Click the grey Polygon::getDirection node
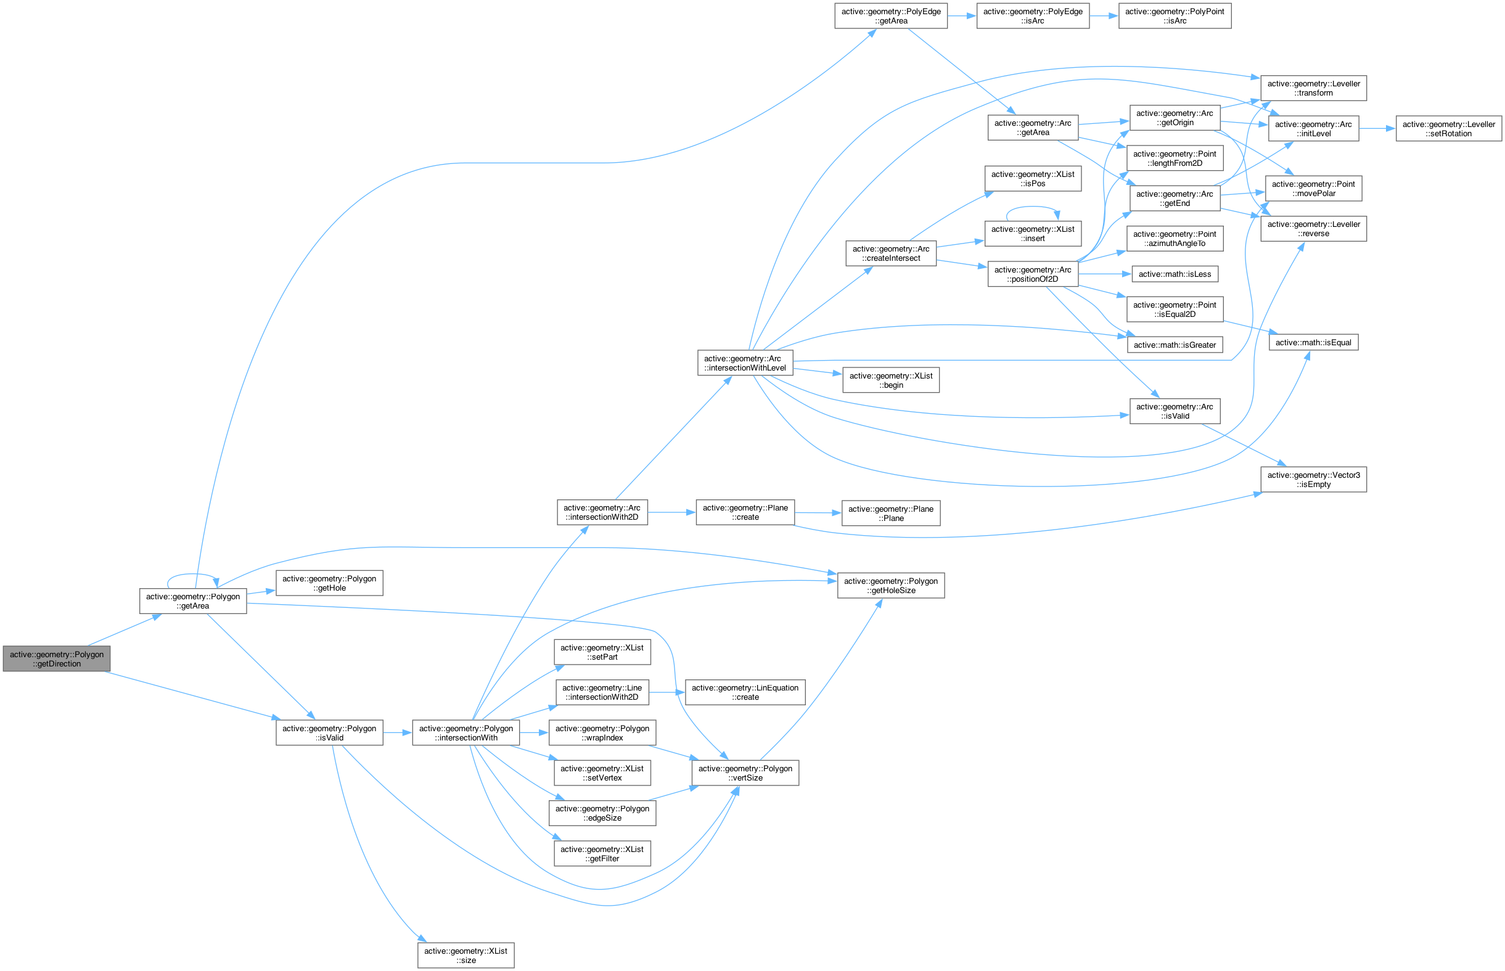click(x=57, y=659)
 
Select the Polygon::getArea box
click(x=193, y=601)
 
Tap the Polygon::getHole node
click(x=329, y=583)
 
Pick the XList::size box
click(x=465, y=955)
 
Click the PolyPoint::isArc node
click(x=1175, y=16)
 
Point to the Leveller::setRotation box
click(x=1448, y=129)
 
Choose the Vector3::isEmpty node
click(x=1313, y=479)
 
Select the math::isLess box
click(x=1175, y=274)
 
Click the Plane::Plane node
click(x=891, y=513)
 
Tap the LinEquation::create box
click(x=745, y=692)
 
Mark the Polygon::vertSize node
click(x=745, y=773)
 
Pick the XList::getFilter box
click(x=602, y=854)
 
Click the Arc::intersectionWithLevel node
click(x=745, y=363)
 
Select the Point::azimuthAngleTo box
click(x=1175, y=239)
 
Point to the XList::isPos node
click(x=1033, y=178)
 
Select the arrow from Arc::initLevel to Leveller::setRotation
click(x=1377, y=129)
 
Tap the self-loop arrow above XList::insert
click(x=1032, y=207)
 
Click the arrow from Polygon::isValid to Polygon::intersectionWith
click(x=397, y=732)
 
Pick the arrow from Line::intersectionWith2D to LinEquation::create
click(x=668, y=692)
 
